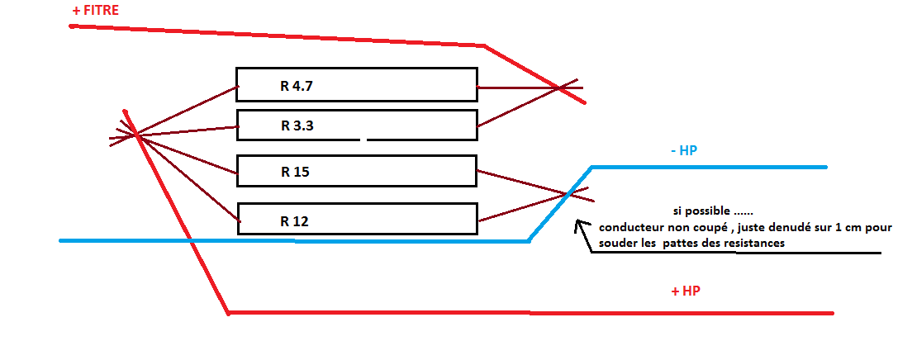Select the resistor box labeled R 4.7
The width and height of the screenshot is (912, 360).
356,84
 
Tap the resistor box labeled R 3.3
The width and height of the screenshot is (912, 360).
356,125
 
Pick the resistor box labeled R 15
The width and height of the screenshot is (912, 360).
356,172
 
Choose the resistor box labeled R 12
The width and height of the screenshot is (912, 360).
356,219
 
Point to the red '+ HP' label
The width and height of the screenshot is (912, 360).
686,292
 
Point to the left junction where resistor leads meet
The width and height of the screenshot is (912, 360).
134,134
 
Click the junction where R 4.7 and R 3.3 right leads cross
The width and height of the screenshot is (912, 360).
561,87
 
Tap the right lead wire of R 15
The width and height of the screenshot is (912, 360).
520,182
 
